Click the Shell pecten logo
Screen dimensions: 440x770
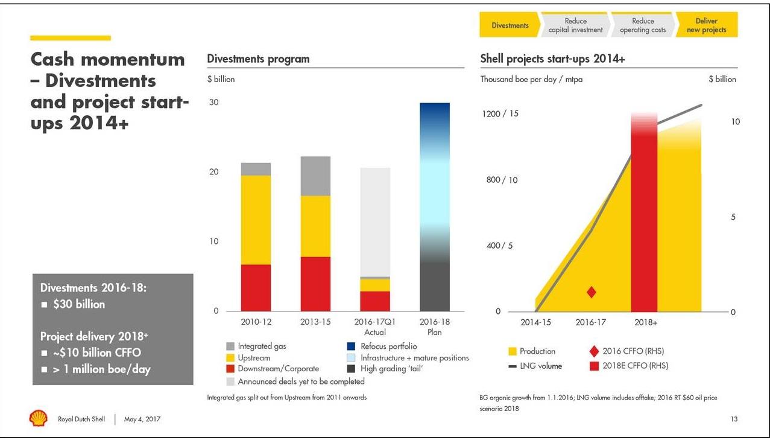(38, 418)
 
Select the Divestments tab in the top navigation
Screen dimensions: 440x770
(510, 25)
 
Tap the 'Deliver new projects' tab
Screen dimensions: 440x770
(706, 25)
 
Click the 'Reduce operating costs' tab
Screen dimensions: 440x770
(643, 25)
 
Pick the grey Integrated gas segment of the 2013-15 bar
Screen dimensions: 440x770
(315, 176)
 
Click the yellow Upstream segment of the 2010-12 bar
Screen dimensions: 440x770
(256, 220)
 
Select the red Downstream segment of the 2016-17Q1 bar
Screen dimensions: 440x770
(375, 301)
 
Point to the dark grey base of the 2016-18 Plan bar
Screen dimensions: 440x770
(435, 287)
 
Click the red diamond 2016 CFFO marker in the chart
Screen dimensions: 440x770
(592, 292)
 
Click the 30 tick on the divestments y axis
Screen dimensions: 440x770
(213, 103)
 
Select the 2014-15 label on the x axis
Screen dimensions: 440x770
(535, 322)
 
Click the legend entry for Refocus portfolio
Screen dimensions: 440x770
(388, 346)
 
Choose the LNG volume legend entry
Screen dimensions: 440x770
(540, 366)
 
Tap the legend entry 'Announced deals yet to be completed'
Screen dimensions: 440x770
(301, 381)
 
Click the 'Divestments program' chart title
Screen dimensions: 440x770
(258, 59)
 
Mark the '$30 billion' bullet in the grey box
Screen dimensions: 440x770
(79, 304)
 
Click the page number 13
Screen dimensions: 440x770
(734, 419)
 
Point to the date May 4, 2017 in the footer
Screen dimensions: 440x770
(142, 419)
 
